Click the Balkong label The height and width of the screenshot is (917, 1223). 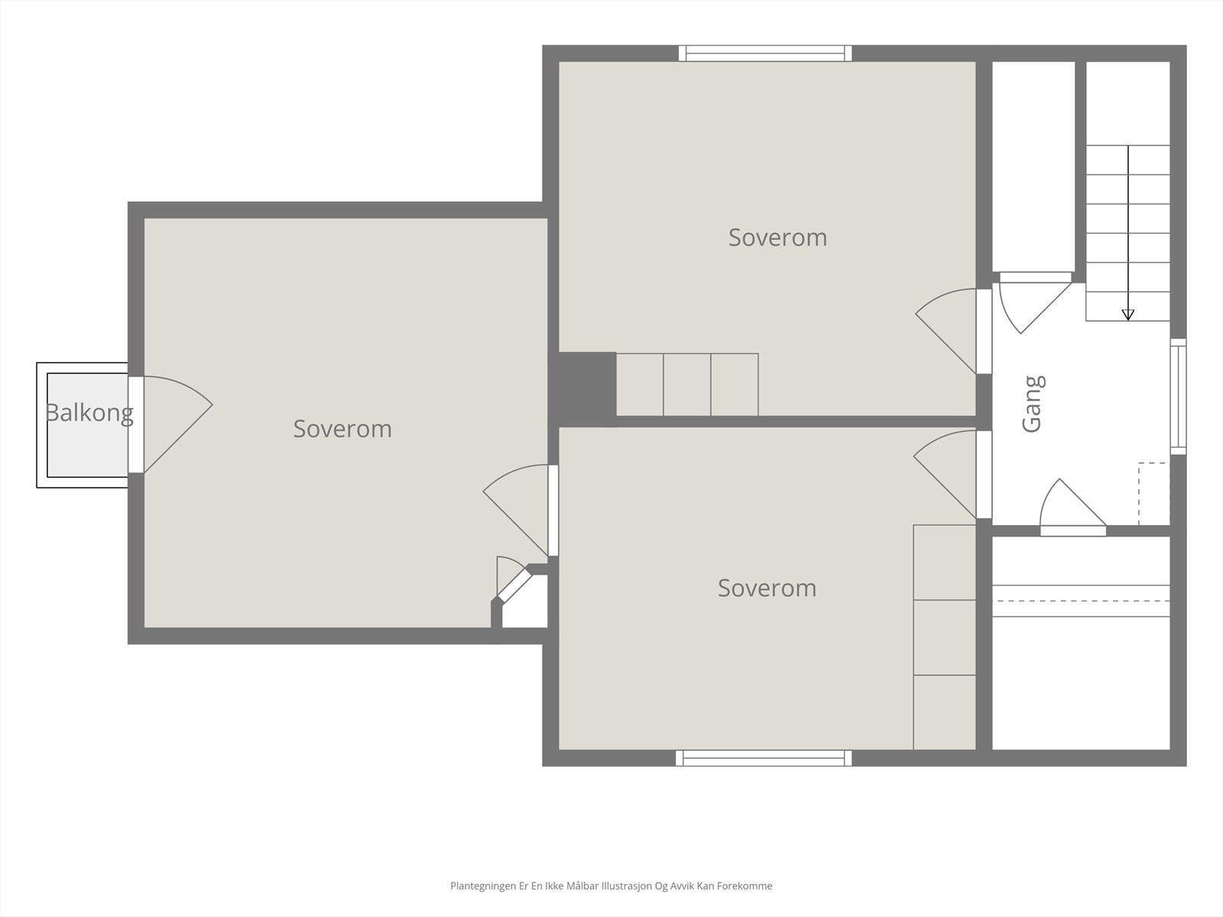[x=89, y=413]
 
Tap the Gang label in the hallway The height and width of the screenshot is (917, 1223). [x=1033, y=403]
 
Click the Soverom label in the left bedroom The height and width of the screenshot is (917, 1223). [x=342, y=429]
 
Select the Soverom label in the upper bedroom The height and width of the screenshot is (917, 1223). [x=778, y=238]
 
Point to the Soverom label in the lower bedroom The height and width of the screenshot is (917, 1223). [x=767, y=588]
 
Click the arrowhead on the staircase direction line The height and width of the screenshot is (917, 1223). [x=1127, y=315]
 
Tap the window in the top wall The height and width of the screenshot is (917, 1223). [x=765, y=53]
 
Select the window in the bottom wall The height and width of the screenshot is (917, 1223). [x=764, y=758]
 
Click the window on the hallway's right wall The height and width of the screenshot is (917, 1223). [x=1178, y=397]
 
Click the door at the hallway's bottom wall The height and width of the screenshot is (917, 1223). [x=1073, y=507]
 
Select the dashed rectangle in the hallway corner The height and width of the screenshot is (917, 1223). [x=1154, y=494]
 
